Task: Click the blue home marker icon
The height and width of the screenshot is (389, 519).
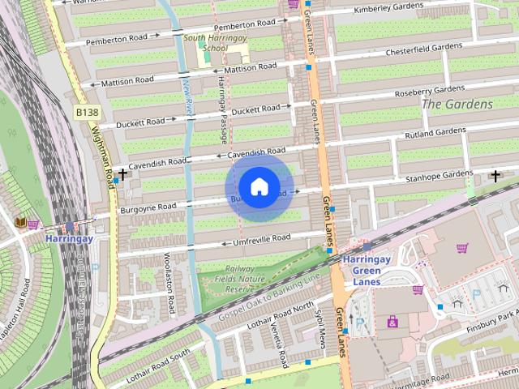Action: (259, 187)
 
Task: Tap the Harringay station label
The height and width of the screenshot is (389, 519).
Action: (69, 239)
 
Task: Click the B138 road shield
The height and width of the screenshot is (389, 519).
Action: (87, 111)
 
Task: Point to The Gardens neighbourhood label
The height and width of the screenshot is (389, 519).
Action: (457, 104)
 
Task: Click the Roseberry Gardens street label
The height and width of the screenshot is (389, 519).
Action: (429, 90)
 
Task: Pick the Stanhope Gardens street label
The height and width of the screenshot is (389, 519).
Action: (437, 174)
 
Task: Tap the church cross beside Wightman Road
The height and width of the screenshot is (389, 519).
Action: (122, 174)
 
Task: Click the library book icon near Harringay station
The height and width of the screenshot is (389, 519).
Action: (20, 221)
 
